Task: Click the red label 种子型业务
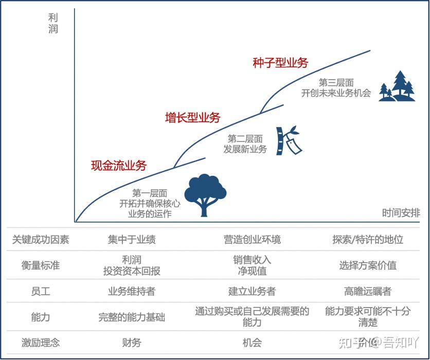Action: tap(280, 63)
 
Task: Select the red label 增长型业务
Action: tap(192, 118)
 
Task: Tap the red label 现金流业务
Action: tap(119, 165)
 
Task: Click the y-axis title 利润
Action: tap(53, 23)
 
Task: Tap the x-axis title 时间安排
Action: tap(401, 212)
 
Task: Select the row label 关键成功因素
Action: tap(41, 239)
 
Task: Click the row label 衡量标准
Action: tap(41, 265)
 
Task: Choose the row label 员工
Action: tap(41, 292)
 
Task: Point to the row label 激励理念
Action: tap(41, 343)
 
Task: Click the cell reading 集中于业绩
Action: tap(132, 239)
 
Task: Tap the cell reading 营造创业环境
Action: tap(252, 239)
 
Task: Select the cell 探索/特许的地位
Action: tap(368, 239)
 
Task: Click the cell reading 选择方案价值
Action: tap(368, 265)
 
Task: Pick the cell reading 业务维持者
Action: tap(132, 292)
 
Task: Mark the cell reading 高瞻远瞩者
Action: tap(368, 292)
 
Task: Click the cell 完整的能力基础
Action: tap(132, 317)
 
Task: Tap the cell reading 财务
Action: tap(132, 343)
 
